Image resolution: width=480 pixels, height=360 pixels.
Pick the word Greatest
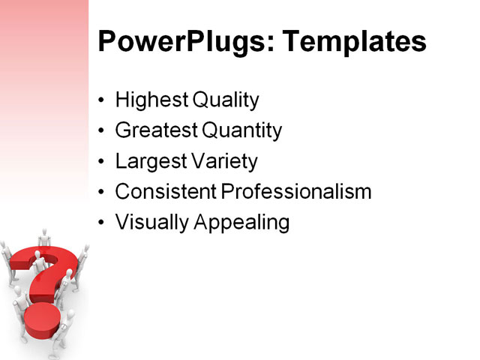(x=155, y=130)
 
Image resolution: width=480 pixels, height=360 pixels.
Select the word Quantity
(x=241, y=131)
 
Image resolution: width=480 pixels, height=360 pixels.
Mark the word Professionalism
(x=297, y=192)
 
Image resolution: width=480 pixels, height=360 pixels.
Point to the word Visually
(x=148, y=223)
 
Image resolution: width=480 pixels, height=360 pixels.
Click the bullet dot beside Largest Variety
(x=102, y=162)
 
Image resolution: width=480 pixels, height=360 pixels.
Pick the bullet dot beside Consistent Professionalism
(x=102, y=193)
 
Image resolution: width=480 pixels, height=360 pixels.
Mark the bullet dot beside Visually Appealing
(x=102, y=223)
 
